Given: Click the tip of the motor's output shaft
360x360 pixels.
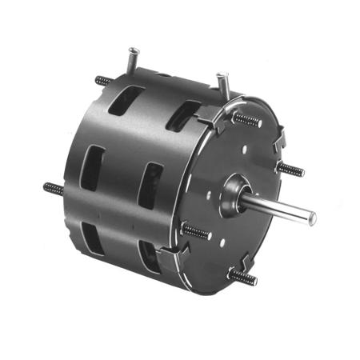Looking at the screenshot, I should pyautogui.click(x=313, y=218).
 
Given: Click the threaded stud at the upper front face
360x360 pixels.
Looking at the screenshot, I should pyautogui.click(x=247, y=120).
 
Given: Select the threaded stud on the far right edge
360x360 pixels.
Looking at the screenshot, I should pyautogui.click(x=291, y=170).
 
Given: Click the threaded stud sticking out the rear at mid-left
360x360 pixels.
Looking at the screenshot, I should pyautogui.click(x=54, y=190).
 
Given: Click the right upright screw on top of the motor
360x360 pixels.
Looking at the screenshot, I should pyautogui.click(x=224, y=82).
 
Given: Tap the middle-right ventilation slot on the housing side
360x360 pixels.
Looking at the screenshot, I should pyautogui.click(x=150, y=186).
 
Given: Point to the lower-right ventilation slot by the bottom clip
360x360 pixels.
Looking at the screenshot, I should pyautogui.click(x=149, y=256).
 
